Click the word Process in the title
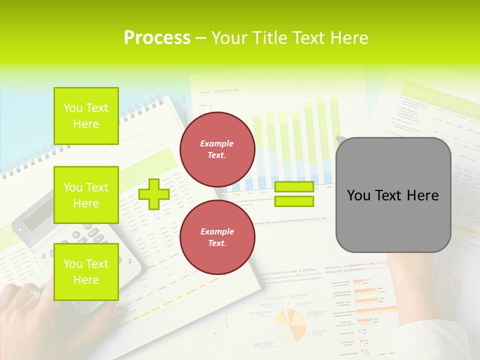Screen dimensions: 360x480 click(x=157, y=38)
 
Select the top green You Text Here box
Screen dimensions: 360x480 click(x=86, y=116)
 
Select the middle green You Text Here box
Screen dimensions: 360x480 click(x=86, y=195)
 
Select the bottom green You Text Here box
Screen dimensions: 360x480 click(x=86, y=271)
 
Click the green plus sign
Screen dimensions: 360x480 click(x=153, y=194)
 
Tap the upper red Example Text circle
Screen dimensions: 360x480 click(x=217, y=149)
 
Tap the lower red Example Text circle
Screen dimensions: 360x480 click(x=217, y=237)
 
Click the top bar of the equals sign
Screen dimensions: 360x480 click(x=294, y=187)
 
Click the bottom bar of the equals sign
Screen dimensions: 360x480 click(x=294, y=201)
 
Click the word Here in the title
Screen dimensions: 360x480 click(x=349, y=38)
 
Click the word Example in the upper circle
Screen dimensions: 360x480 click(x=217, y=143)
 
